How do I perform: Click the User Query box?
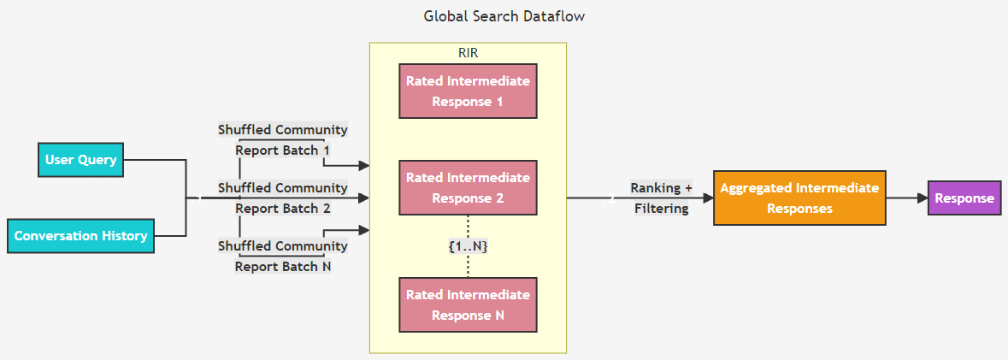pyautogui.click(x=81, y=159)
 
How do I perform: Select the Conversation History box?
pyautogui.click(x=81, y=236)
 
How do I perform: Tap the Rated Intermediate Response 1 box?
pyautogui.click(x=468, y=91)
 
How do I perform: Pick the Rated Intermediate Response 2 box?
pyautogui.click(x=468, y=188)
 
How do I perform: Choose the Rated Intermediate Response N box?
pyautogui.click(x=468, y=305)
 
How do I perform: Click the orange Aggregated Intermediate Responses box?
pyautogui.click(x=799, y=198)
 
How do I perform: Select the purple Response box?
pyautogui.click(x=964, y=198)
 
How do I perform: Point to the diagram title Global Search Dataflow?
pyautogui.click(x=504, y=16)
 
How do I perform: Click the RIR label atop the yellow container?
pyautogui.click(x=468, y=53)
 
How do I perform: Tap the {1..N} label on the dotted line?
pyautogui.click(x=468, y=246)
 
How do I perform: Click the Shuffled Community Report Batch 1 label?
pyautogui.click(x=283, y=139)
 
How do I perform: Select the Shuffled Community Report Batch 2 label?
pyautogui.click(x=283, y=198)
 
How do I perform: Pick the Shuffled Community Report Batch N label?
pyautogui.click(x=283, y=255)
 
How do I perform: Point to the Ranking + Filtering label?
pyautogui.click(x=661, y=198)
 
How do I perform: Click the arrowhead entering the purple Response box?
pyautogui.click(x=923, y=198)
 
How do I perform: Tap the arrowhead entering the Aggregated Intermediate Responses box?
pyautogui.click(x=709, y=198)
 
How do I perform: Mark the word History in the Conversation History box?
pyautogui.click(x=126, y=236)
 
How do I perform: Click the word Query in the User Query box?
pyautogui.click(x=97, y=160)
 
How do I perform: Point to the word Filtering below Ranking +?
pyautogui.click(x=661, y=209)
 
